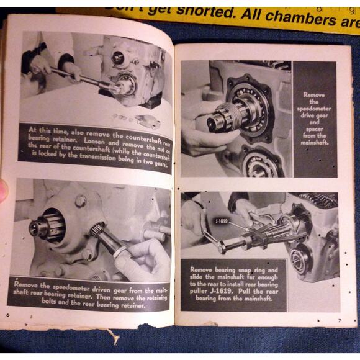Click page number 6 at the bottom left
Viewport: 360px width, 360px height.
click(x=7, y=315)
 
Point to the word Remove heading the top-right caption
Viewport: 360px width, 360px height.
click(x=315, y=96)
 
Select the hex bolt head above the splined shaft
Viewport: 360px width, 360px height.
click(x=81, y=200)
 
